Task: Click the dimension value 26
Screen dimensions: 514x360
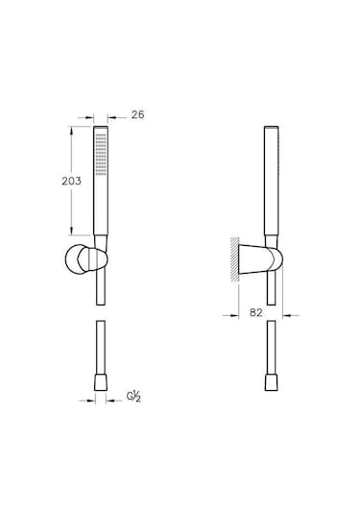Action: click(137, 114)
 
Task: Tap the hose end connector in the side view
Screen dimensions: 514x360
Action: click(272, 381)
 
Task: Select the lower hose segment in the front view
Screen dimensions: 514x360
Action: click(102, 351)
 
